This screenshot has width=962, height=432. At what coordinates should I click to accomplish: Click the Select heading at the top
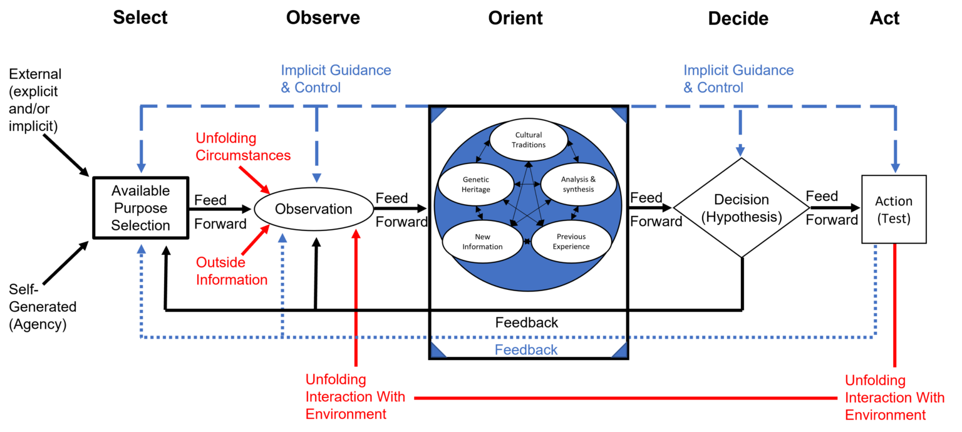[x=140, y=18]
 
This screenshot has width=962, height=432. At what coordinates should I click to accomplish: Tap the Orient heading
[x=515, y=18]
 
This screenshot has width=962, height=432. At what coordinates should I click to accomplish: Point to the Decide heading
[x=738, y=18]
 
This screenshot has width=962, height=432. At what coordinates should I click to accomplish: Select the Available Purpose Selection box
[x=141, y=208]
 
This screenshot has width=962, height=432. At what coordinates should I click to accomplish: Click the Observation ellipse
[x=314, y=209]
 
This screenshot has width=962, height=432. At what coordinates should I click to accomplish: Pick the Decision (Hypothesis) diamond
[x=742, y=208]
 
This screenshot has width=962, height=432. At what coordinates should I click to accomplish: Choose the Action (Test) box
[x=894, y=209]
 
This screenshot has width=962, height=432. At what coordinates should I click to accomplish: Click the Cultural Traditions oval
[x=529, y=140]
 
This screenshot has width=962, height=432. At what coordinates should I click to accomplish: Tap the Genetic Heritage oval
[x=476, y=185]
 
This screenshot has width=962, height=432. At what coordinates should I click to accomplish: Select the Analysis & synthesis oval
[x=579, y=184]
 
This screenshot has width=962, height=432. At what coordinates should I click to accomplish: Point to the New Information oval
[x=482, y=242]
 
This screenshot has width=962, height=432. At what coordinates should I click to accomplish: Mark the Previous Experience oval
[x=571, y=242]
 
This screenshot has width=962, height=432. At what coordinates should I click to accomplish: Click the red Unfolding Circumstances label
[x=243, y=147]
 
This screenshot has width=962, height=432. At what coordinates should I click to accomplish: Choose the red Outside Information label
[x=232, y=271]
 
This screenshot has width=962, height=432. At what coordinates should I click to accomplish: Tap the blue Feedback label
[x=526, y=350]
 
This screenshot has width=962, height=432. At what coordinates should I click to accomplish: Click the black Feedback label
[x=527, y=322]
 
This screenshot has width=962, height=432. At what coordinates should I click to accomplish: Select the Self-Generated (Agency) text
[x=43, y=307]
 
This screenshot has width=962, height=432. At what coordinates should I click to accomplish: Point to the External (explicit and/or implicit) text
[x=35, y=100]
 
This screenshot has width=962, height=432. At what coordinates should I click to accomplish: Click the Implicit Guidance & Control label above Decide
[x=738, y=79]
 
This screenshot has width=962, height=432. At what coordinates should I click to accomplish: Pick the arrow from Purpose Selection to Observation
[x=220, y=209]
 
